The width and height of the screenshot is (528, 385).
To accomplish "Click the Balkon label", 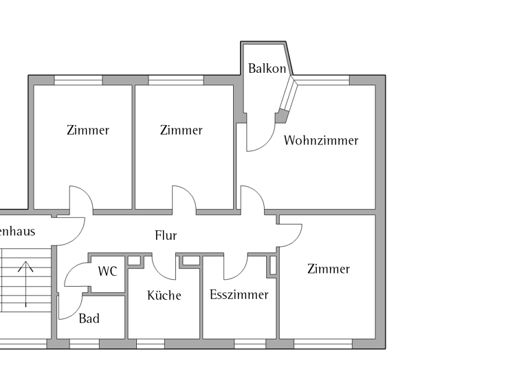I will click(267, 69).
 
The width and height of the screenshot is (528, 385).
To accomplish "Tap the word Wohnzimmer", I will click(321, 140).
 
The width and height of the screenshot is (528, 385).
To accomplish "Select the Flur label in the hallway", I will click(166, 235).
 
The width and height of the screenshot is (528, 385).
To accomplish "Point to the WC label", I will click(107, 271).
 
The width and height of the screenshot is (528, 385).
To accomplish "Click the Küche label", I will click(164, 295).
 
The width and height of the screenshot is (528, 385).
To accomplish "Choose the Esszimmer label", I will click(239, 295).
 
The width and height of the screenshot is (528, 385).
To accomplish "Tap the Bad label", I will click(89, 318).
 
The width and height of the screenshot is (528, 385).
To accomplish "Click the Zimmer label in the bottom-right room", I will click(329, 269).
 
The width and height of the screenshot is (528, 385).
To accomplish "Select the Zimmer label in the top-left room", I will click(88, 130).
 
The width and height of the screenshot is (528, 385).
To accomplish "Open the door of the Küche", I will click(164, 267).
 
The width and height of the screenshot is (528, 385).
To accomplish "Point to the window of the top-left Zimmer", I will click(78, 80).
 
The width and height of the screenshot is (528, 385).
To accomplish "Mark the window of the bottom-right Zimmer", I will click(322, 343).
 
